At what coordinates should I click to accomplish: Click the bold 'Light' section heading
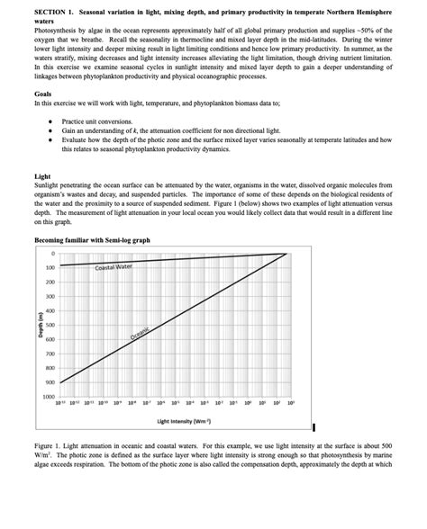pyautogui.click(x=41, y=177)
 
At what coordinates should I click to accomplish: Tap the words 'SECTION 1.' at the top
pyautogui.click(x=57, y=9)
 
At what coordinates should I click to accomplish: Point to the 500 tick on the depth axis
pyautogui.click(x=50, y=325)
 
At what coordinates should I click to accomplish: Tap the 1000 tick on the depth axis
pyautogui.click(x=49, y=397)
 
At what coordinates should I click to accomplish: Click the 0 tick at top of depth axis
pyautogui.click(x=53, y=254)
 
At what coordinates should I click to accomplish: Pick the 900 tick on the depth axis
pyautogui.click(x=50, y=382)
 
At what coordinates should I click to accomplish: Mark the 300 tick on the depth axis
pyautogui.click(x=50, y=296)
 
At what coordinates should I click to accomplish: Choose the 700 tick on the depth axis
pyautogui.click(x=50, y=354)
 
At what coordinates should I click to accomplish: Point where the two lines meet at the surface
pyautogui.click(x=286, y=254)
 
